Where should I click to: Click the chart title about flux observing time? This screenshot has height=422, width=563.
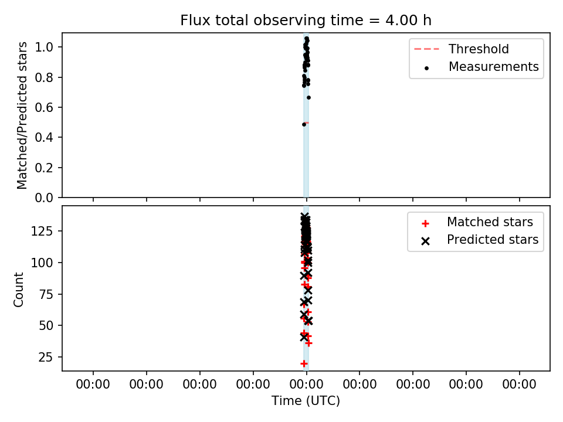coord(306,21)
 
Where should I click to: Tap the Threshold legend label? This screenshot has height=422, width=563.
coord(479,49)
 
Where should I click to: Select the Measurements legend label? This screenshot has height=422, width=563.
coord(494,67)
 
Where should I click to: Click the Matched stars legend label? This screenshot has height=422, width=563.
coord(490,222)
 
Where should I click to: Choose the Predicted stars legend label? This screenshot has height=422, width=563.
coord(493,240)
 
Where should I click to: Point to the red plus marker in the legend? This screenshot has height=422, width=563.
coord(426,223)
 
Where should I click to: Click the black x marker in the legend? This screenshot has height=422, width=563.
coord(426,241)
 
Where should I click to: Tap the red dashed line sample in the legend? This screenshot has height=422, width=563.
coord(426,49)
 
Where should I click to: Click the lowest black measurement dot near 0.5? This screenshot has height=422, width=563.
coord(304,124)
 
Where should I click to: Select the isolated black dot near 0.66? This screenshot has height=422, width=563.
coord(309,98)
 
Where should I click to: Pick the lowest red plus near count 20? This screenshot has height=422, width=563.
coord(304,363)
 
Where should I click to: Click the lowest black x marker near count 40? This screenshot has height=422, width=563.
coord(304,338)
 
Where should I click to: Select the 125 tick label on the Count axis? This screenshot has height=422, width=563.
coord(42,231)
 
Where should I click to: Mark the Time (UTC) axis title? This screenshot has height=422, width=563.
coord(306,400)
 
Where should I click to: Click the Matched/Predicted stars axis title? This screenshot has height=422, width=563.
coord(22,115)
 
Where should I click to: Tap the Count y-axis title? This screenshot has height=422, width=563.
coord(18,290)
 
